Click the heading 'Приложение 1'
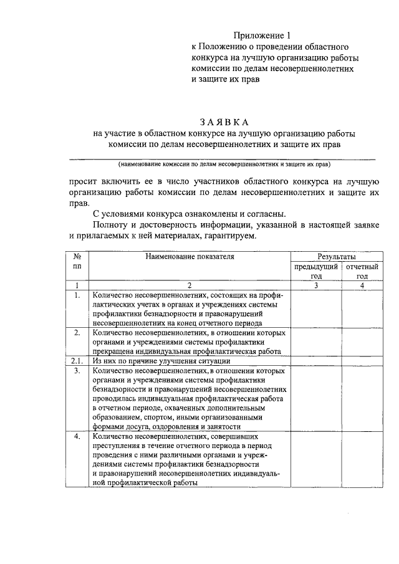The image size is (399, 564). [x=262, y=35]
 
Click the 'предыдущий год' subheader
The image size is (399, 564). [x=316, y=271]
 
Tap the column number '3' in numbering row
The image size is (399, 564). [x=316, y=285]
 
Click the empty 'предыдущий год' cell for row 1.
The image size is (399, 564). [x=316, y=308]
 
